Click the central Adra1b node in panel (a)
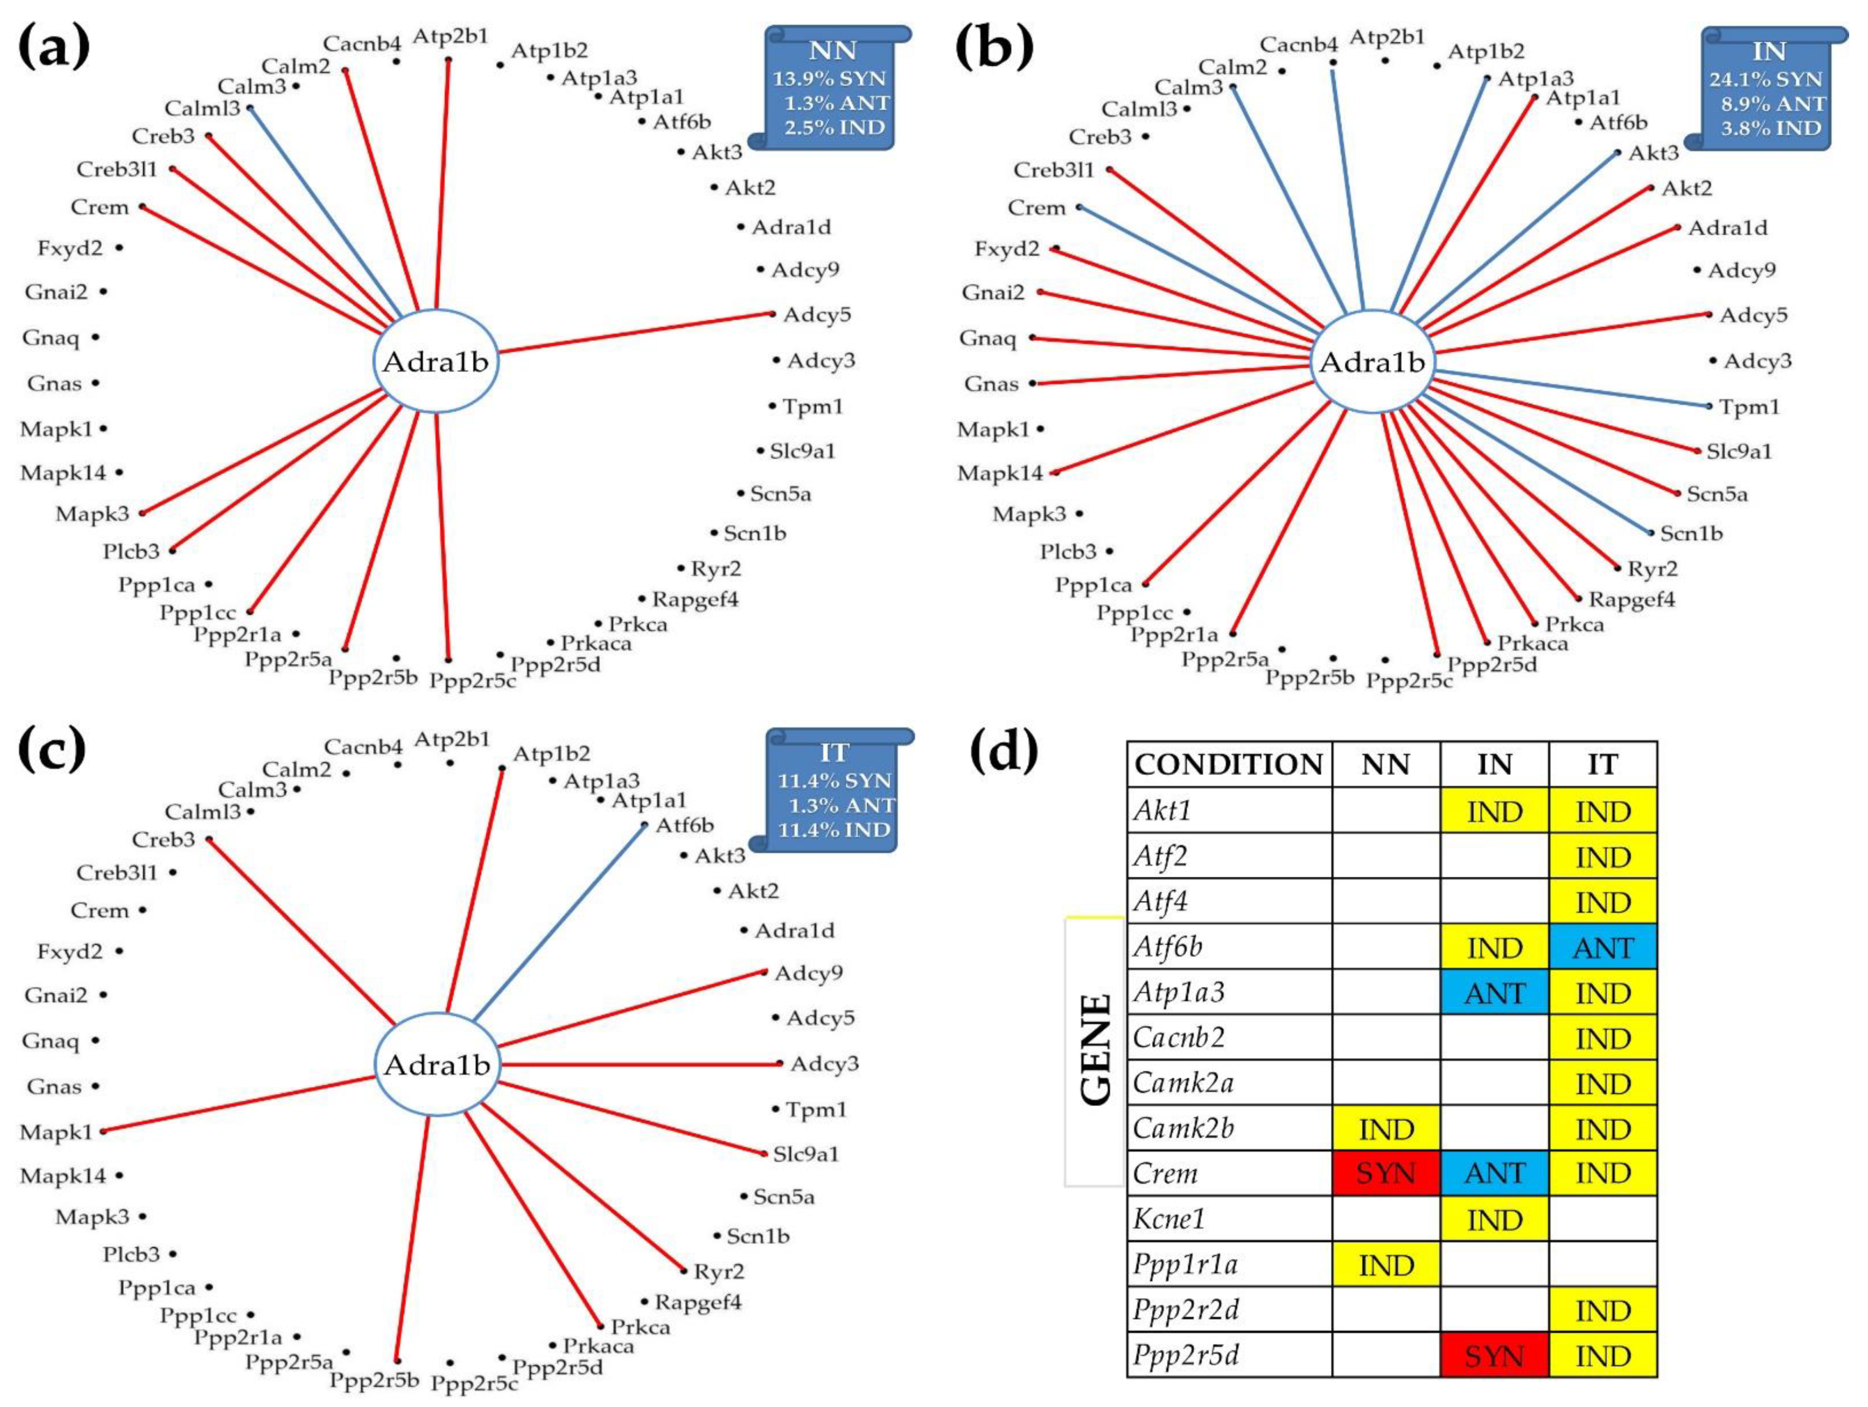point(436,362)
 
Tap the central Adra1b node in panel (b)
point(1372,362)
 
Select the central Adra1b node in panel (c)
point(437,1065)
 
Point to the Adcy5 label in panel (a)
point(817,315)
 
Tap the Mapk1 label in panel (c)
point(56,1132)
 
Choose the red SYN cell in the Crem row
point(1386,1173)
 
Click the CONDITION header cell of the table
point(1229,764)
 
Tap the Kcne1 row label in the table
point(1169,1218)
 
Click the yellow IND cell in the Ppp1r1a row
point(1386,1265)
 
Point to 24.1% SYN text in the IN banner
point(1765,79)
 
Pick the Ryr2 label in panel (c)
point(719,1271)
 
